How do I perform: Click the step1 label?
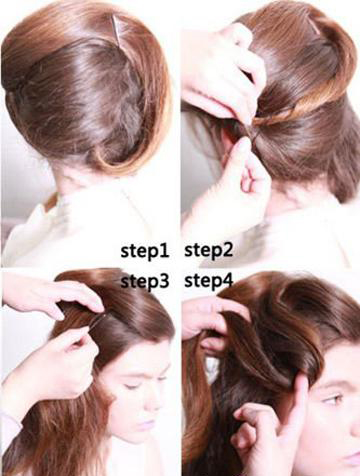point(144,250)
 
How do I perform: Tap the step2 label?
point(208,250)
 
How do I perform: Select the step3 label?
point(144,281)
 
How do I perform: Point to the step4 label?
point(208,280)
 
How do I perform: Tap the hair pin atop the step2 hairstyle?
point(314,26)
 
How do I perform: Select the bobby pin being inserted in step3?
point(98,321)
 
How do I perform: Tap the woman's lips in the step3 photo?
point(146,425)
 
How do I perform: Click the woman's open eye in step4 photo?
point(332,398)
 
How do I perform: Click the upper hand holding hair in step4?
point(212,320)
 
